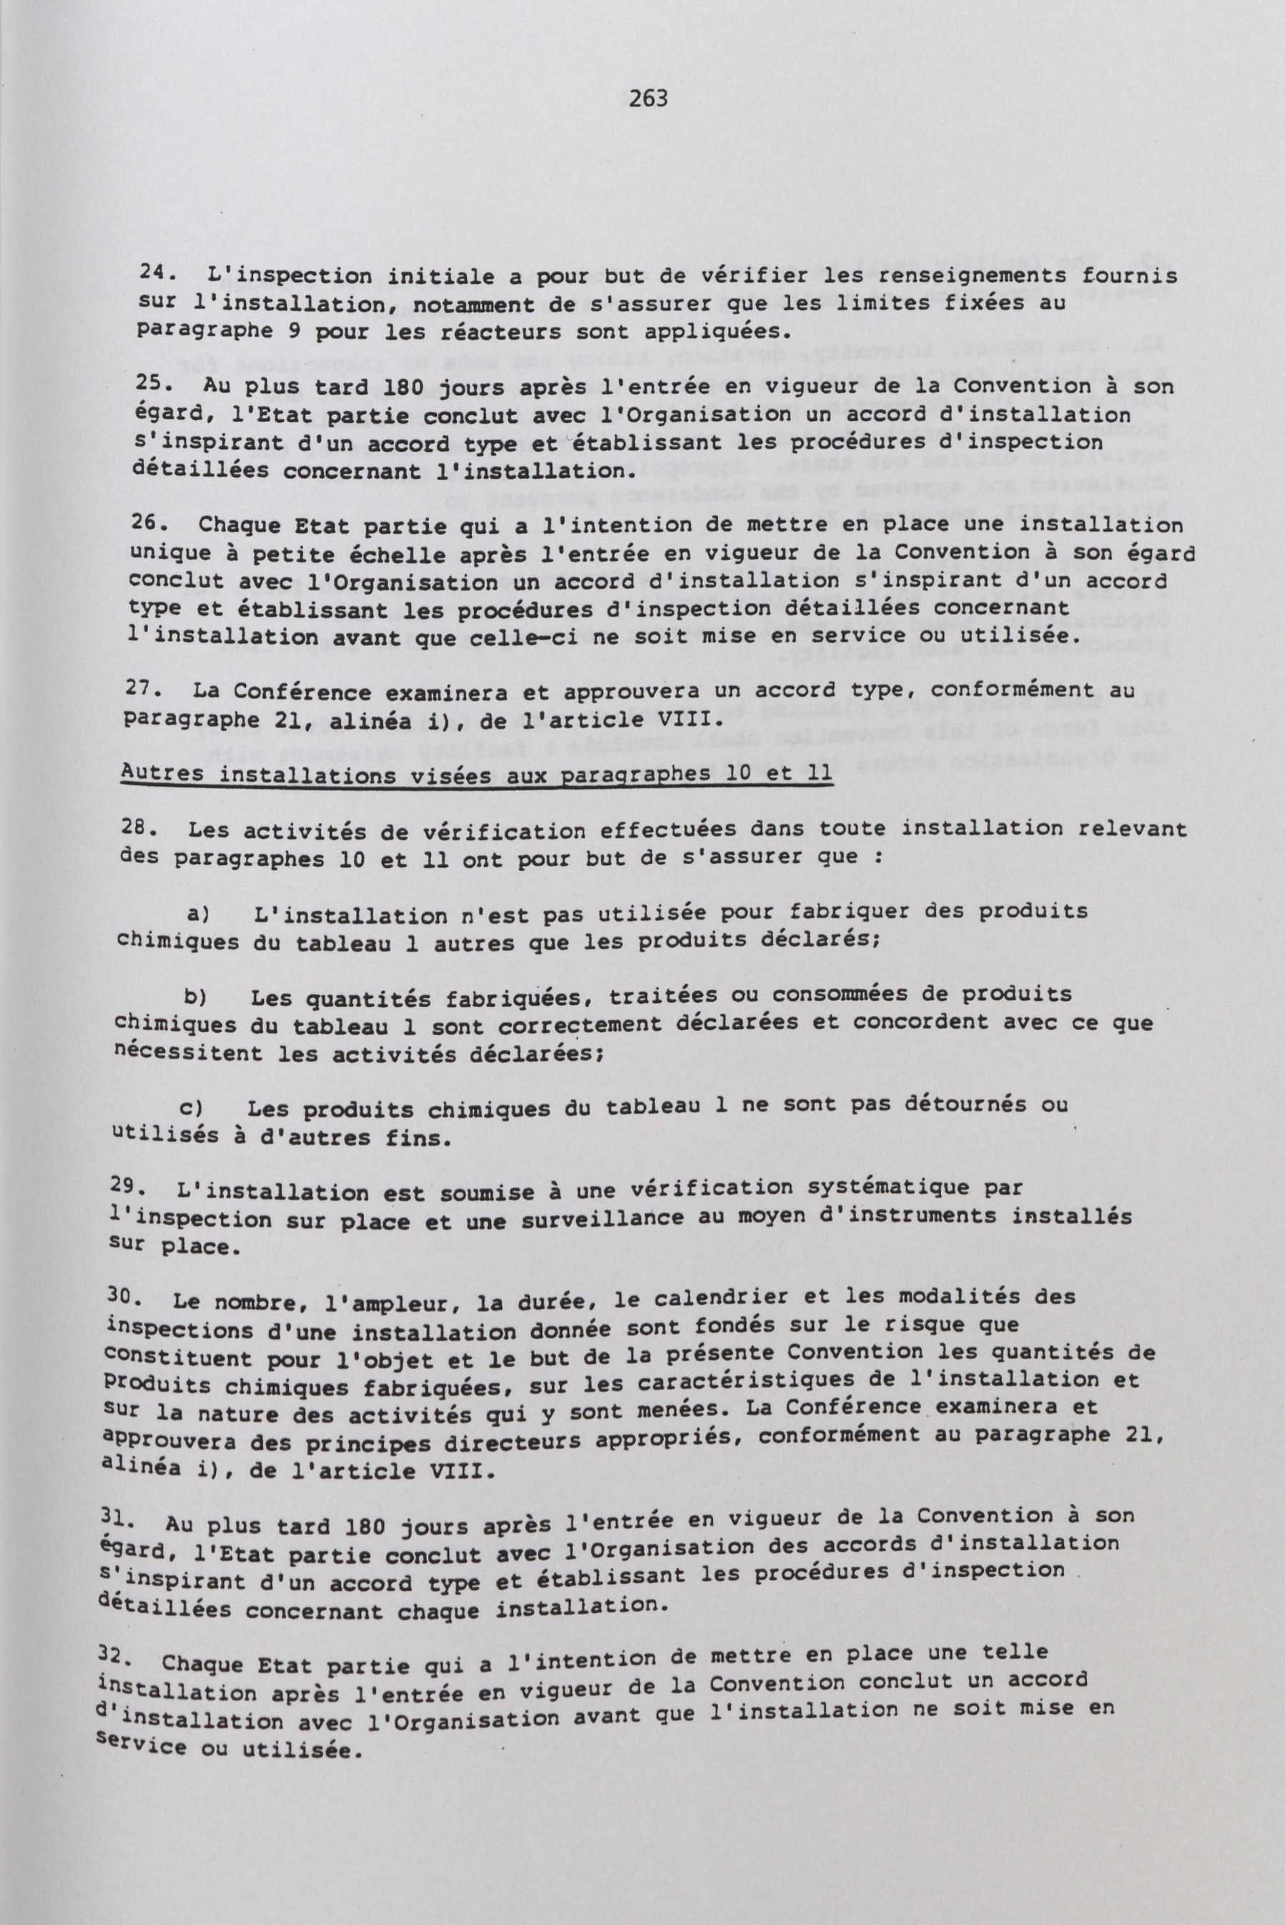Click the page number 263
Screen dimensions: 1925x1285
649,99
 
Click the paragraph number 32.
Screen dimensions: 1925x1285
117,1657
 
